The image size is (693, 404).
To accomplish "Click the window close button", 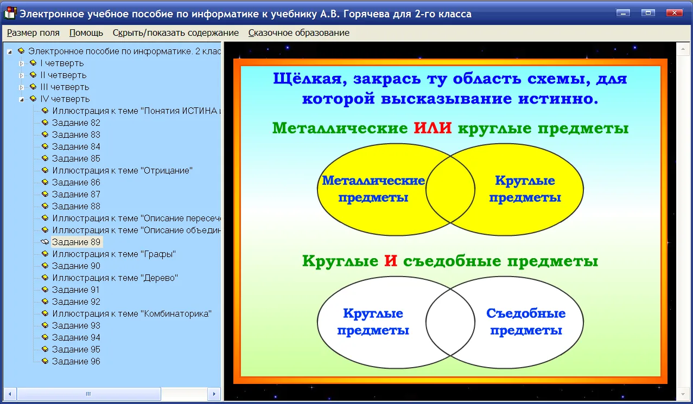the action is pos(674,13).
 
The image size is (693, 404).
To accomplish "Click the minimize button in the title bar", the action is pos(623,13).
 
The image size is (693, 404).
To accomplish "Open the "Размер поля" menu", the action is pos(33,33).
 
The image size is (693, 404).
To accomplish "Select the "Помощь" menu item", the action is pos(86,33).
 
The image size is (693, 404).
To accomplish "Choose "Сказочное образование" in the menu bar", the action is pos(299,33).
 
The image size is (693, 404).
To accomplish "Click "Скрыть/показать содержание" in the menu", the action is pos(176,33).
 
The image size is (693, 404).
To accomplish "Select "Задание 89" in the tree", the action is pos(76,242).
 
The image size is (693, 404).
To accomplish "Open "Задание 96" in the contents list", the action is pos(76,361).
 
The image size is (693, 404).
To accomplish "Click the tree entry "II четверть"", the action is pos(63,75).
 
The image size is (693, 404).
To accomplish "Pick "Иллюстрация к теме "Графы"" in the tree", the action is pos(114,254).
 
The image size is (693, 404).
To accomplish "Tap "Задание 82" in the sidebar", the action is pos(76,123).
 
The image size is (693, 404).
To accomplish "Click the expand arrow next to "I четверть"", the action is pos(21,63).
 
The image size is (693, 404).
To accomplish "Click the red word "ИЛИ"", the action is pos(433,128).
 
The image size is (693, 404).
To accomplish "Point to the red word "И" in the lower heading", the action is pos(391,261).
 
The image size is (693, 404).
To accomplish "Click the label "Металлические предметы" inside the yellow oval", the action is pos(373,189).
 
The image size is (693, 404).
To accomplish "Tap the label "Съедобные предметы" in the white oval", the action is pos(526,322).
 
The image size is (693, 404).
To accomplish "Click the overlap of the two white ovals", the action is pos(450,323).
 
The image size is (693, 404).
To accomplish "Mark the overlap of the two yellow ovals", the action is pos(450,189).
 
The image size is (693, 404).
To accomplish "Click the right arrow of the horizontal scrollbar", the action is pos(214,394).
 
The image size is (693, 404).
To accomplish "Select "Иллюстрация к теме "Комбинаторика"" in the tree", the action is pos(132,314).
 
